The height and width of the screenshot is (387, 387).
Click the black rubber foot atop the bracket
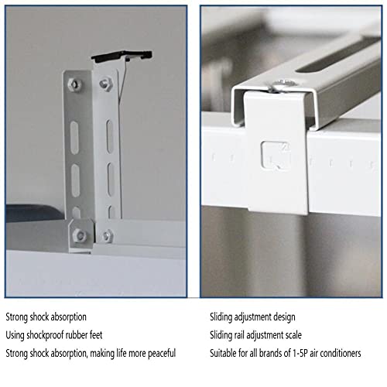click(x=122, y=56)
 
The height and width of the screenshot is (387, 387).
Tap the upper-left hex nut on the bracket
click(x=74, y=84)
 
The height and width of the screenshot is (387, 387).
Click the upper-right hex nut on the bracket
click(x=106, y=84)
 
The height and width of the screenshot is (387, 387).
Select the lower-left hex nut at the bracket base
click(x=80, y=235)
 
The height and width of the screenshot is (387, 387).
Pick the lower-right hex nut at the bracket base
click(x=107, y=236)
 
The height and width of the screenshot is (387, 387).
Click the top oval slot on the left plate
click(x=74, y=138)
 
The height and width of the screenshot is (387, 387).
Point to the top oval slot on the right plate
click(x=110, y=136)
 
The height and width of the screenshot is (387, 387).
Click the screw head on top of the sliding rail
click(x=283, y=85)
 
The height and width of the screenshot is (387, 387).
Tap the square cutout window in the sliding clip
click(x=276, y=155)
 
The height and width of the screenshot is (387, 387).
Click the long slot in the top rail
click(x=338, y=55)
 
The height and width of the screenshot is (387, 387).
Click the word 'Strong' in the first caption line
click(x=17, y=317)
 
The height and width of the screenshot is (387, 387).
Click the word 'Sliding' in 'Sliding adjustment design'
click(x=221, y=317)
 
